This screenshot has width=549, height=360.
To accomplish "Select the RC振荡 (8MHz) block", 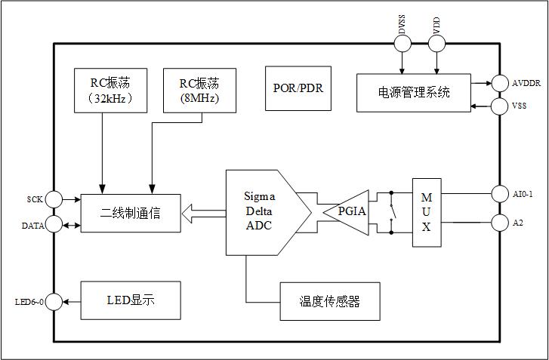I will coord(199,90).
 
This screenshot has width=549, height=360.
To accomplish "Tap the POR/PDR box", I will coord(298,88).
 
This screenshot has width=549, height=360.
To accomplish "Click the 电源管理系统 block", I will coord(414,93).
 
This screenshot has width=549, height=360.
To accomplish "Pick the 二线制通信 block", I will coord(131,212).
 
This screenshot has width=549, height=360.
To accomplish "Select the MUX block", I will coord(426,212).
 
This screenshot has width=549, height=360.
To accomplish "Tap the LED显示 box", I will coord(131,300).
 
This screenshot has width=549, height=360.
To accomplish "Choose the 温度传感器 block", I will coord(330,302).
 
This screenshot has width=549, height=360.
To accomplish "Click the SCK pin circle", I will coord(54,200).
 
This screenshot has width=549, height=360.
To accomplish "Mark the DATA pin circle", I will coord(54,224).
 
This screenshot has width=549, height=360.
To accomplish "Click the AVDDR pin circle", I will coord(500,82).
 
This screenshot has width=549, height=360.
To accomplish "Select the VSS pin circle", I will coord(500,106).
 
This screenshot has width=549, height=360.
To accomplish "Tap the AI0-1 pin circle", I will coord(500,194).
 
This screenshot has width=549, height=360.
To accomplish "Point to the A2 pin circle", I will coord(500,223).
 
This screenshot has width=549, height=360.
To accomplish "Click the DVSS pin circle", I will coord(402,44).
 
